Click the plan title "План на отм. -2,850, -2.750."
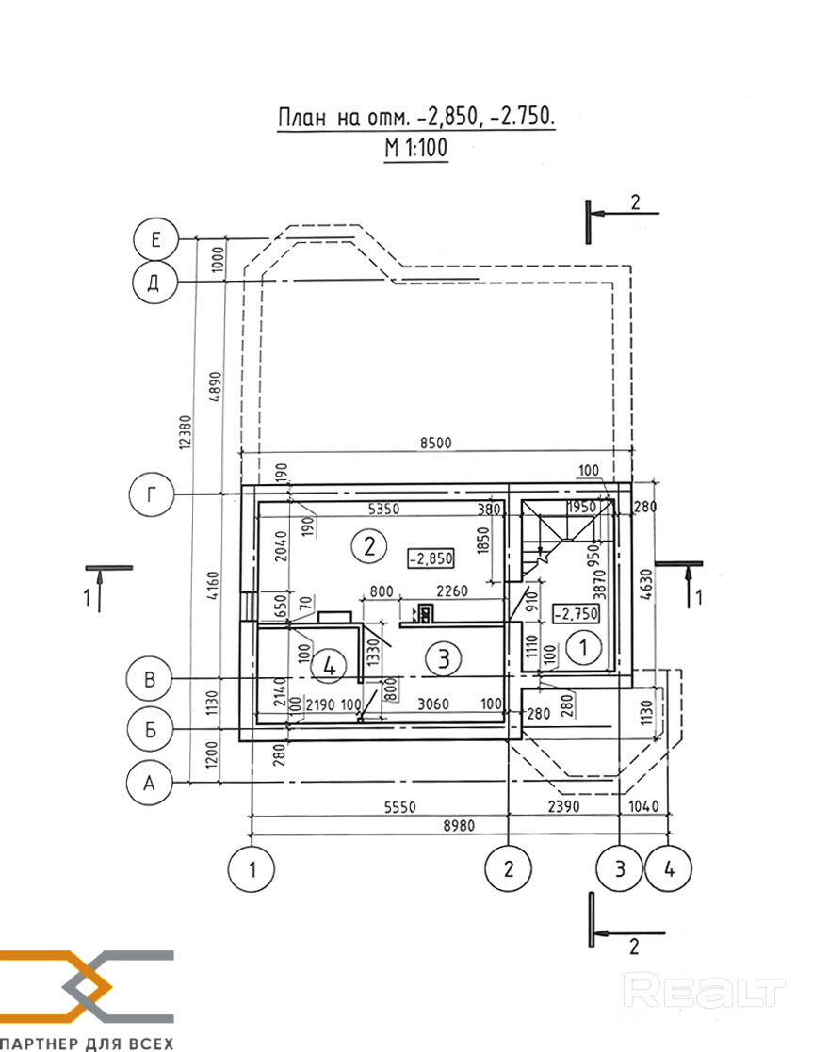point(415,118)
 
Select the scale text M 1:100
point(415,148)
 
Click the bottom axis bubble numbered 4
point(669,868)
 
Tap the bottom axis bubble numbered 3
point(620,868)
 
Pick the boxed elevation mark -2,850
point(431,558)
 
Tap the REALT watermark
point(705,992)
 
